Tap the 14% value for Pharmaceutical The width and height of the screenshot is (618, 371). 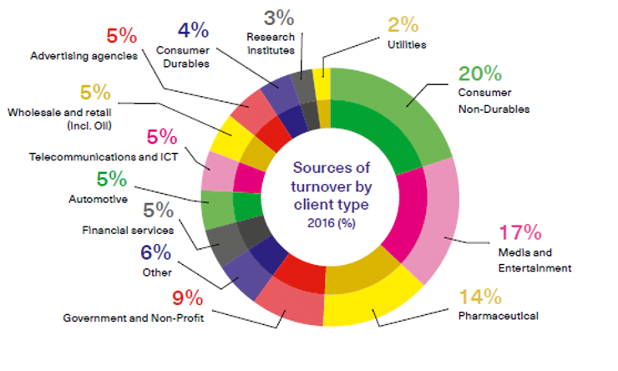[x=479, y=297]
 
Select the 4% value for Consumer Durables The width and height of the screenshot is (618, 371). [x=193, y=30]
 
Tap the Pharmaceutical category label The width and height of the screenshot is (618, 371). [x=498, y=316]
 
